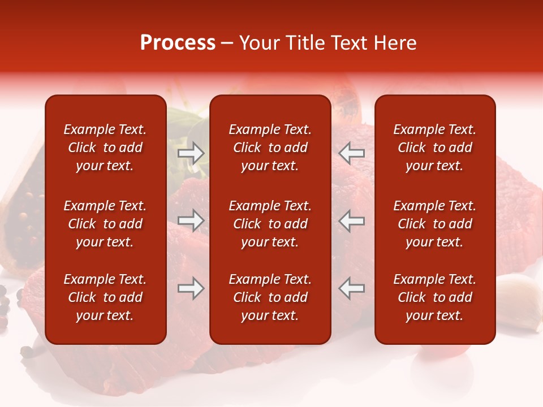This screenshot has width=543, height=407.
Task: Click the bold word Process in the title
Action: (x=178, y=43)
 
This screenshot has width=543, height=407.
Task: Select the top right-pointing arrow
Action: (x=191, y=153)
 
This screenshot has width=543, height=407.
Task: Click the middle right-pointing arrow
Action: (x=191, y=220)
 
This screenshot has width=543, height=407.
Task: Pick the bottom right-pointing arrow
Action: (x=191, y=288)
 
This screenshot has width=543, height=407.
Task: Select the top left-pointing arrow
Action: (x=352, y=153)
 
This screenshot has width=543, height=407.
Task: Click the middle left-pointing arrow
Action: (x=352, y=220)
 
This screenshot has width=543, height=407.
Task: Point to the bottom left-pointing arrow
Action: (x=352, y=288)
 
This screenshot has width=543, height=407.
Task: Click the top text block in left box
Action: (x=105, y=148)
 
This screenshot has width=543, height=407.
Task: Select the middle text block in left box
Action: (x=105, y=224)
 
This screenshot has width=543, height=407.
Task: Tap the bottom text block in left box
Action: (x=105, y=297)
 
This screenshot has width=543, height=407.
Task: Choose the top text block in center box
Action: (x=270, y=148)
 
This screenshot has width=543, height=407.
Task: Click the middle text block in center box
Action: (x=270, y=224)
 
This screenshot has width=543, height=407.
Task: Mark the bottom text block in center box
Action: (x=270, y=297)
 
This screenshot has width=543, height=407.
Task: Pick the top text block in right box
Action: (x=434, y=148)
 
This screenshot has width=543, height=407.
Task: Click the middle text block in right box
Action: (x=434, y=224)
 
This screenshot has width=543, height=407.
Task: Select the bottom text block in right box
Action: (x=434, y=297)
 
